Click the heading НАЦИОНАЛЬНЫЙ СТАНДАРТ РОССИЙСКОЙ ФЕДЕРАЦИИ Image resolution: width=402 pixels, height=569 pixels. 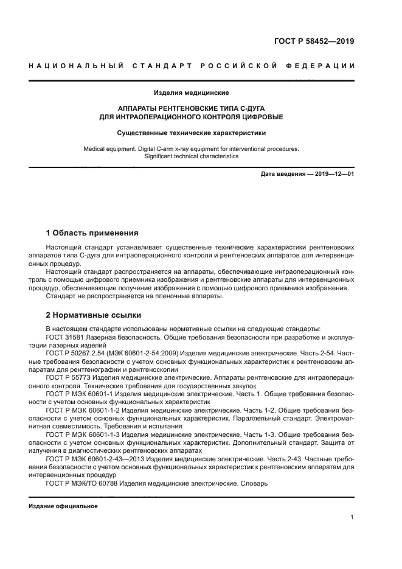click(x=191, y=66)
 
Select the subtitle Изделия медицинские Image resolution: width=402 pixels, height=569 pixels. click(x=191, y=93)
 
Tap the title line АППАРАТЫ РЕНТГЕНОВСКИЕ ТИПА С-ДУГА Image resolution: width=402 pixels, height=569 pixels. click(x=191, y=107)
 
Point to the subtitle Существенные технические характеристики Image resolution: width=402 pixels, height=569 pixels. click(x=191, y=132)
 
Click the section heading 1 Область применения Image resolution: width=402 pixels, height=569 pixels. click(x=92, y=232)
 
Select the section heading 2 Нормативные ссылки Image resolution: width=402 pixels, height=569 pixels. click(x=94, y=315)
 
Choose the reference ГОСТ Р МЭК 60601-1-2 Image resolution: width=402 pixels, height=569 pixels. click(x=83, y=410)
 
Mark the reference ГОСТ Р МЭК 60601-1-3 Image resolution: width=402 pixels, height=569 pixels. click(x=83, y=435)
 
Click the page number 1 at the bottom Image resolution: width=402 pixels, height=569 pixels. click(x=352, y=518)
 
